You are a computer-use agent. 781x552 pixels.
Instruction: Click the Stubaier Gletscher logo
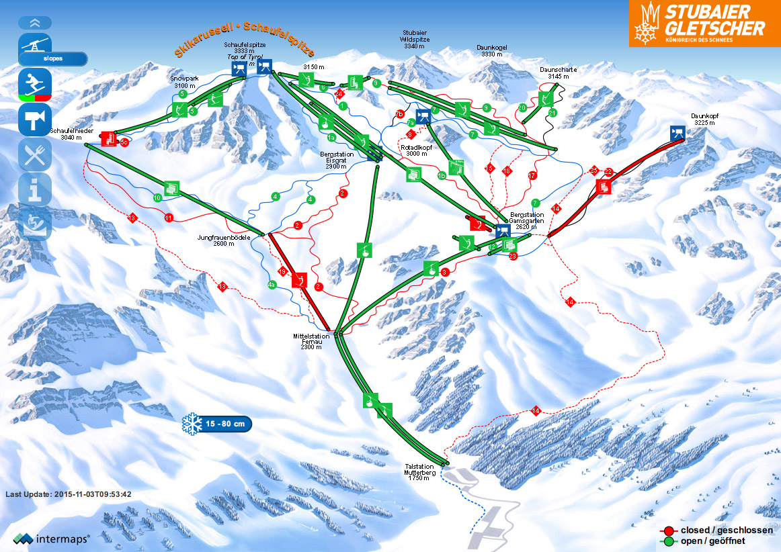point(704,24)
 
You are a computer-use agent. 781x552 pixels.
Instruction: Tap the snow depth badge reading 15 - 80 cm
point(217,424)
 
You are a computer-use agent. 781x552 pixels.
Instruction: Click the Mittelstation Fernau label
point(311,342)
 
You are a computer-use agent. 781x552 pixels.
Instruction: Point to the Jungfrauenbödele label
point(224,240)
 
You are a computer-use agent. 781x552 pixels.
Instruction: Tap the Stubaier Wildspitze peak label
point(414,39)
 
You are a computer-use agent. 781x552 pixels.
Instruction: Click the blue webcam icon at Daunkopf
point(677,132)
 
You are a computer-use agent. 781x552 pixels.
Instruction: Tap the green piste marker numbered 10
point(157,198)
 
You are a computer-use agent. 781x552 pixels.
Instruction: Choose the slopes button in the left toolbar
point(53,58)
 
